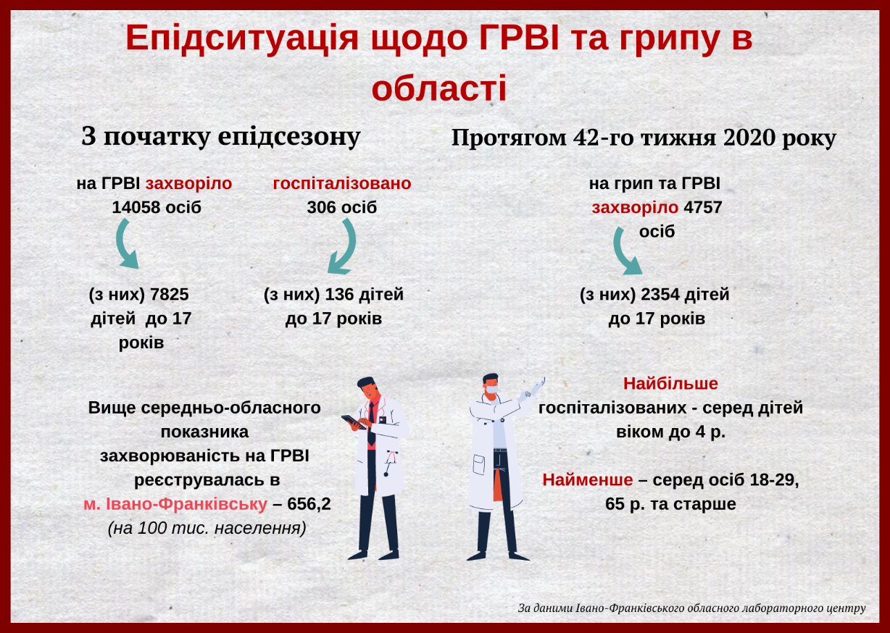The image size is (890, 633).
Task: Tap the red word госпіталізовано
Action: pos(342,183)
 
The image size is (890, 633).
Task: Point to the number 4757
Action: pos(703,207)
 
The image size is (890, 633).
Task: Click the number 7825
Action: pos(170,294)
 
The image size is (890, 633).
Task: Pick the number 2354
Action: pos(660,294)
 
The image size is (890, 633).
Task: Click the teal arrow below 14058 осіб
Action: pos(126,244)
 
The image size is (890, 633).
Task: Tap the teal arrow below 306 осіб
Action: pos(343,246)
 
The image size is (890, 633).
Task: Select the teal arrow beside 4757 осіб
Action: pos(625,251)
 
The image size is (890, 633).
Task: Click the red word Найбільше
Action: pos(670,384)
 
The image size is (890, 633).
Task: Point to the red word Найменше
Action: pos(588,480)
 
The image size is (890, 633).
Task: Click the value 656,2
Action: pos(309,504)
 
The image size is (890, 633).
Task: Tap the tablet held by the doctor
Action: pos(353,422)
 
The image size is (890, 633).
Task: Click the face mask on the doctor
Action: pos(491,389)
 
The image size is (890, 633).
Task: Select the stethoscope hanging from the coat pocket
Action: pos(389,463)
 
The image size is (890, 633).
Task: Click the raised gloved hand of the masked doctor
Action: pos(537,385)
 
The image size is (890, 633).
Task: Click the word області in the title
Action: pos(439,88)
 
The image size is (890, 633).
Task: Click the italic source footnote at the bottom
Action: pos(691,608)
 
